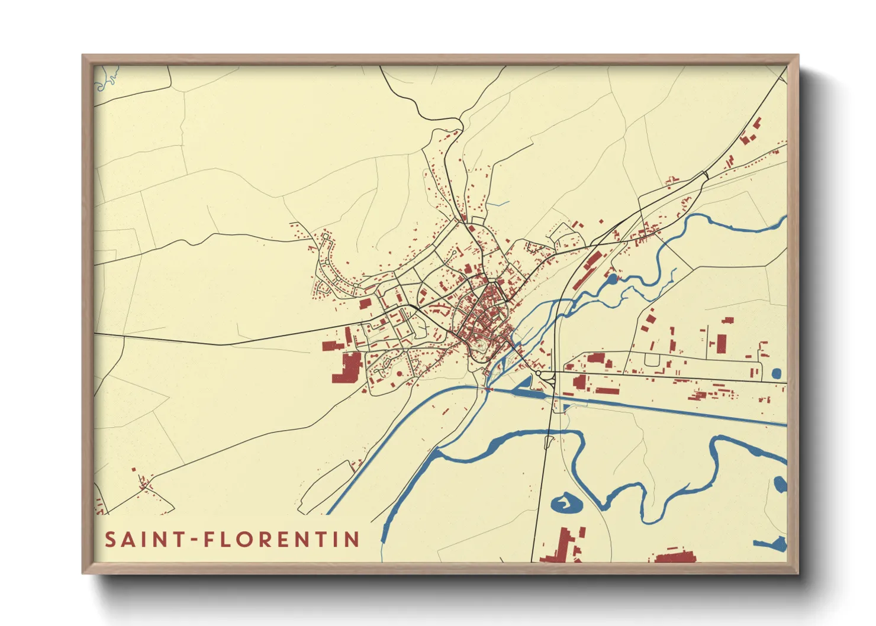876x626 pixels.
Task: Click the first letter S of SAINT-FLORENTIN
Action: coord(111,540)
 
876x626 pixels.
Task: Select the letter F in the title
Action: coord(209,540)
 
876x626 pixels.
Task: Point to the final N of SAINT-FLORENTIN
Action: coord(353,540)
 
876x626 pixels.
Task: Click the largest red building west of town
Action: coord(347,367)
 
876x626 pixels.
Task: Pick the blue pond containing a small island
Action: coord(566,504)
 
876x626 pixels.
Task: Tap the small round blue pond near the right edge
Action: coord(777,373)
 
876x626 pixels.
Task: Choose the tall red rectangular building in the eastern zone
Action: coord(721,343)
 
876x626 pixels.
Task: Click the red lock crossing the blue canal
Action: coord(488,390)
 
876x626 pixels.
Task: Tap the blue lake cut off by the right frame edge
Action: coord(781,485)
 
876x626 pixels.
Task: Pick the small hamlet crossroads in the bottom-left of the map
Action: coord(143,485)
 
